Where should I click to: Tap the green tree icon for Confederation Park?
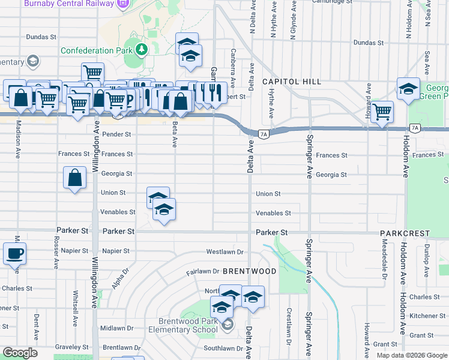[141, 48]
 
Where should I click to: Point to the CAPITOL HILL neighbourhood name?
[292, 82]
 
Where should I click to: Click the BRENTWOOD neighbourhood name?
[249, 272]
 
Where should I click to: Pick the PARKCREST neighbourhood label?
[405, 233]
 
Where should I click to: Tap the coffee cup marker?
[14, 253]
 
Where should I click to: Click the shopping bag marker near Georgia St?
[74, 178]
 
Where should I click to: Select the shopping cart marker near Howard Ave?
[382, 112]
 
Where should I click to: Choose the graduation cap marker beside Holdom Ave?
[408, 89]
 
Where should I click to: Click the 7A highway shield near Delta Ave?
[263, 134]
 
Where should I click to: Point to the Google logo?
[19, 353]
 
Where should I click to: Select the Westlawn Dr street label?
[224, 252]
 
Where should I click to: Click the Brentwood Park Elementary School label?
[188, 325]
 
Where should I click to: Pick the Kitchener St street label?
[428, 316]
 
